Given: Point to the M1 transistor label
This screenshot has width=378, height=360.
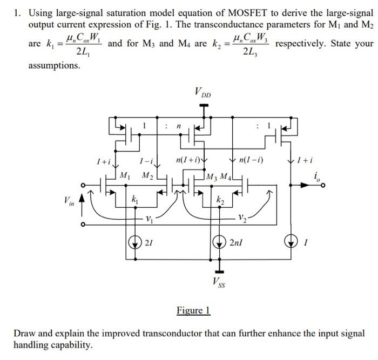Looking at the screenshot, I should pyautogui.click(x=125, y=175).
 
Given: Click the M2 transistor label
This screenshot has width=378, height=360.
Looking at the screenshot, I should pyautogui.click(x=147, y=175).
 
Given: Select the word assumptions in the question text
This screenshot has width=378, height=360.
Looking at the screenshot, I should pyautogui.click(x=54, y=65).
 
